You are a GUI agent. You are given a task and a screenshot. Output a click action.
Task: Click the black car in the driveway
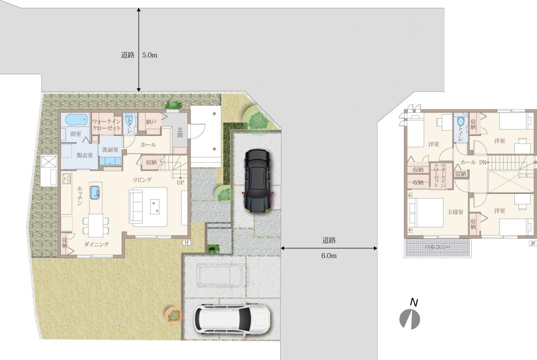pos(258,181)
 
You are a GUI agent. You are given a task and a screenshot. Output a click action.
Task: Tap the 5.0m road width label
pos(150,55)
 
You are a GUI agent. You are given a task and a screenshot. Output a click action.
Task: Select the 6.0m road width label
pos(329,256)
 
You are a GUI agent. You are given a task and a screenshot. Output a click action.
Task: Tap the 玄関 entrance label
pos(180,132)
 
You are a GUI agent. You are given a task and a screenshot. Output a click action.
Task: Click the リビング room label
pos(142,180)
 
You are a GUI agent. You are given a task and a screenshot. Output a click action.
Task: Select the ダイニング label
pos(96,245)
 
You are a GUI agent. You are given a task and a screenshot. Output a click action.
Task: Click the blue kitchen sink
pos(95,193)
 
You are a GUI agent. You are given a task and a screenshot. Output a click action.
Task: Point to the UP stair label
pos(180,183)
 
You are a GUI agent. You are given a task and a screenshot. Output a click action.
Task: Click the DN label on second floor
pos(482,162)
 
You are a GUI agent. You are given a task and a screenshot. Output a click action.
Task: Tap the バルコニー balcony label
pos(438,247)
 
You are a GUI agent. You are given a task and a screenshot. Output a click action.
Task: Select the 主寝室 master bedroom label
pos(455,212)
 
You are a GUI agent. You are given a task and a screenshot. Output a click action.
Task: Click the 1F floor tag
pos(187,243)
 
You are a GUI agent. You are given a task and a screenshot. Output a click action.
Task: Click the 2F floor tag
pos(533,243)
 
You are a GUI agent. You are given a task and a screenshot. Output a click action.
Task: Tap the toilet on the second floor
pos(461,121)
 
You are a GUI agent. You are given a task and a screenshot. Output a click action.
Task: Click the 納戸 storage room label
pos(151,122)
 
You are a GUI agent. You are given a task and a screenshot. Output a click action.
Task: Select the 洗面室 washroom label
pos(110,150)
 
